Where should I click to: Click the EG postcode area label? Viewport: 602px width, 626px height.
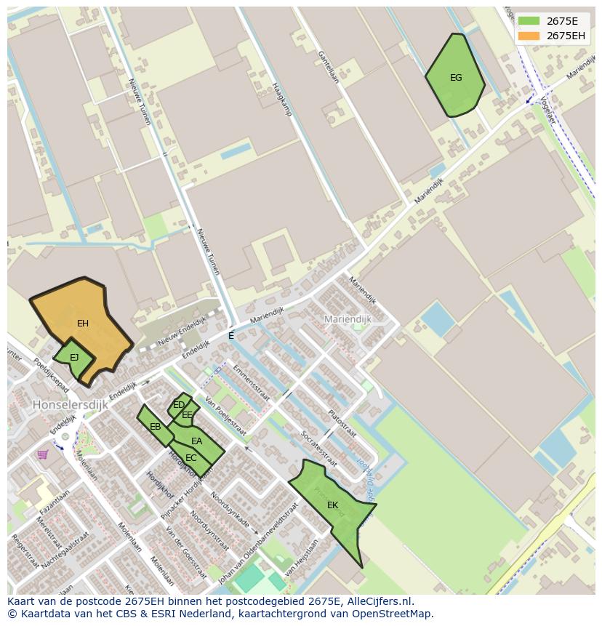click(x=456, y=78)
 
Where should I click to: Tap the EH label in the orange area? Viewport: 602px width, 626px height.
click(x=83, y=323)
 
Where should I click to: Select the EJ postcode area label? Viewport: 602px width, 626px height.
click(x=74, y=357)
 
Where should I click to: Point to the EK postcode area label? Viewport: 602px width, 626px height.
click(x=332, y=505)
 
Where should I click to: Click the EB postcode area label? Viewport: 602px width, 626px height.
click(x=155, y=427)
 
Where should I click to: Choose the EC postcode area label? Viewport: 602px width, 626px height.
click(x=191, y=458)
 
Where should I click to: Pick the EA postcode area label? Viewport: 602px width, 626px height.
click(x=197, y=441)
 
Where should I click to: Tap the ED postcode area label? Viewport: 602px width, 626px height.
click(x=178, y=405)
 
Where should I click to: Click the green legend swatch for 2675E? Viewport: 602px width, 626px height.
click(x=529, y=21)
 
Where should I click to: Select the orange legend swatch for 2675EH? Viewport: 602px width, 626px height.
click(x=529, y=36)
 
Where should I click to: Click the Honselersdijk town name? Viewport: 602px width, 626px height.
click(x=70, y=404)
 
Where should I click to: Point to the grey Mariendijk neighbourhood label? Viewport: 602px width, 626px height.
click(x=348, y=319)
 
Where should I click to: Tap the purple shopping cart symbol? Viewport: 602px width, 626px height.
click(x=43, y=454)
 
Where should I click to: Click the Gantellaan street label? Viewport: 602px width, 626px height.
click(x=328, y=66)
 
